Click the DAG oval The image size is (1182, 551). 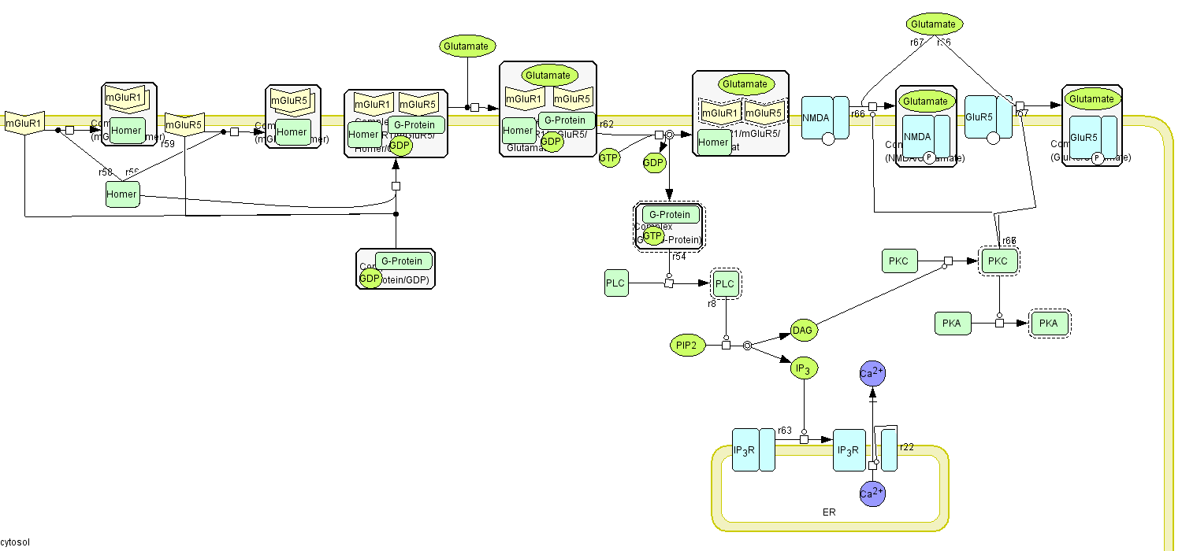click(x=802, y=331)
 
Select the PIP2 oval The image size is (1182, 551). click(x=686, y=345)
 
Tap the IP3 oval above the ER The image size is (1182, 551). click(x=803, y=368)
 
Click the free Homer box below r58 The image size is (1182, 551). click(x=122, y=194)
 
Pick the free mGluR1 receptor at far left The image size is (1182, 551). click(x=24, y=124)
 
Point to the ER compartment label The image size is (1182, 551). click(x=829, y=512)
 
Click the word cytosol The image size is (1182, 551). click(x=15, y=543)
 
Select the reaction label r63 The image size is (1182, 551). click(x=785, y=431)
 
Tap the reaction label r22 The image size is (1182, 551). click(x=907, y=446)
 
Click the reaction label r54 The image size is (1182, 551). click(x=678, y=257)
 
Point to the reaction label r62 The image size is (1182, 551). click(x=606, y=124)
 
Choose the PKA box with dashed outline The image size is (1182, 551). click(x=1048, y=323)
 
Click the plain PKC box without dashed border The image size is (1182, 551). click(x=898, y=261)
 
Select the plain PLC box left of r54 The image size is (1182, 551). click(x=616, y=283)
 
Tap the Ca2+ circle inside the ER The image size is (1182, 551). click(x=872, y=494)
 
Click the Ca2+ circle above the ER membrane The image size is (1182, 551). click(x=872, y=373)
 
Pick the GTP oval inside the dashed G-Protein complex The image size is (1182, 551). click(x=652, y=235)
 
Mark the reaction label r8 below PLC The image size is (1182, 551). click(x=712, y=303)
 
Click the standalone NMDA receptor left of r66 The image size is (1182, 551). click(x=825, y=118)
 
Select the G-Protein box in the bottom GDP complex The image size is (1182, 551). click(x=403, y=261)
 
